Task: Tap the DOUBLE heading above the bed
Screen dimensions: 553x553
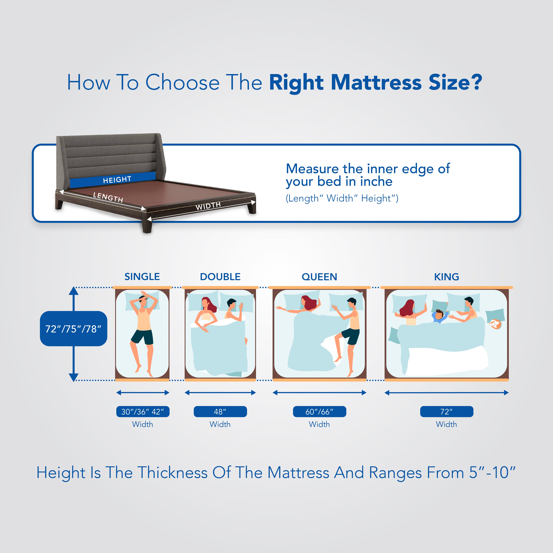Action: point(220,277)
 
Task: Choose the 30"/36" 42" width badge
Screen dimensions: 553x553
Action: point(143,412)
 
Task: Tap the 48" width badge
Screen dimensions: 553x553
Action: point(220,412)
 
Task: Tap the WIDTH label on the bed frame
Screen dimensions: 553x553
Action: point(208,206)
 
